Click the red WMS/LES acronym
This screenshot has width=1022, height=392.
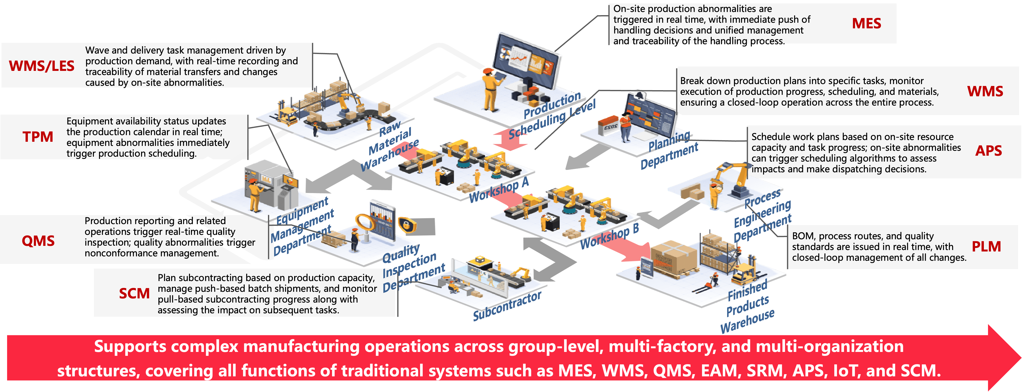point(42,66)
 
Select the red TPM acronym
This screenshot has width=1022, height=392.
point(38,137)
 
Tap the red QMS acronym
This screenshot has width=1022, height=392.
point(38,241)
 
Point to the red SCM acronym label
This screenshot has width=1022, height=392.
point(134,293)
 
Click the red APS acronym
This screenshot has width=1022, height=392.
point(989,151)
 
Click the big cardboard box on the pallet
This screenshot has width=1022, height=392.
point(673,258)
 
